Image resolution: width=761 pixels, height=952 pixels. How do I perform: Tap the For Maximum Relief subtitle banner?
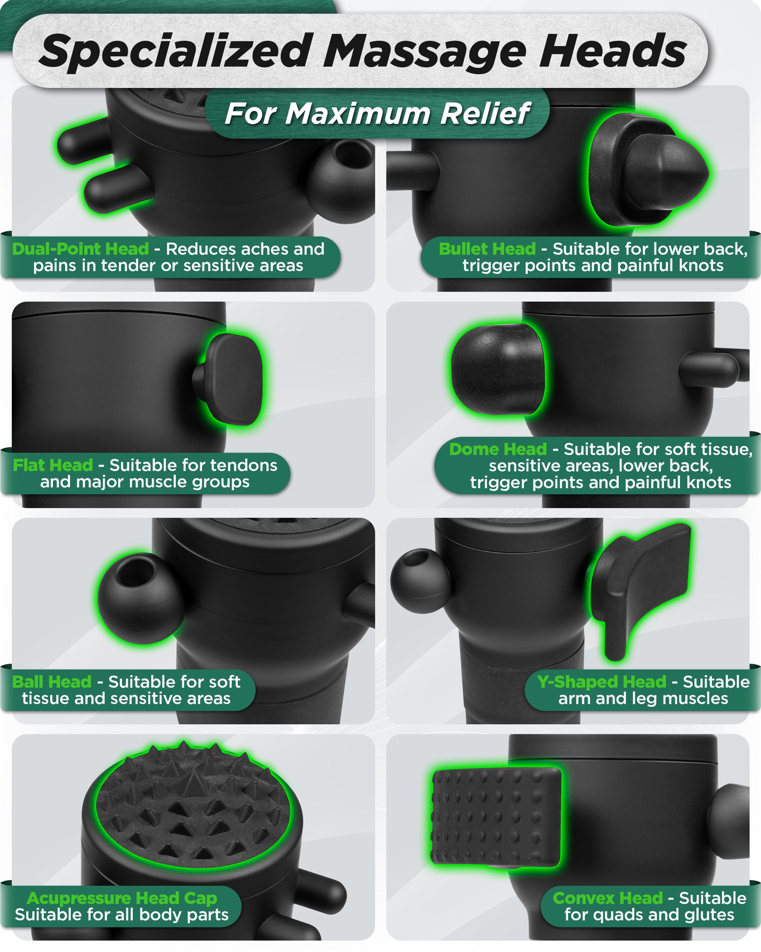(377, 113)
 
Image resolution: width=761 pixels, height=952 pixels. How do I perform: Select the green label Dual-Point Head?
(80, 249)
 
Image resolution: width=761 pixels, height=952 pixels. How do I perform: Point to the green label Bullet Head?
(487, 249)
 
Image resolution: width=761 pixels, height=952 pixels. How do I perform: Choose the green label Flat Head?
(53, 465)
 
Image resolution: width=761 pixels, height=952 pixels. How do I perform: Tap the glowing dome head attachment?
(498, 369)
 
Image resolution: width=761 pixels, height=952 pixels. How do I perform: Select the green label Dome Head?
(498, 449)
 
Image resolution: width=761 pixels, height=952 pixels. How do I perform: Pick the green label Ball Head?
(52, 682)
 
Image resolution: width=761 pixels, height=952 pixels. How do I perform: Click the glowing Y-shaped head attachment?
(642, 583)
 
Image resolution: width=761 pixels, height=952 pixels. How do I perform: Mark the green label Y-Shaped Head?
(601, 682)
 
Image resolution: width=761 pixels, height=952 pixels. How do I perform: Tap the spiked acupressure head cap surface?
(193, 808)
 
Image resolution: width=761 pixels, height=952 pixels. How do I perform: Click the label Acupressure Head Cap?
(121, 899)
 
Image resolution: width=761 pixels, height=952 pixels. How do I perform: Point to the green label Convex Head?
(608, 899)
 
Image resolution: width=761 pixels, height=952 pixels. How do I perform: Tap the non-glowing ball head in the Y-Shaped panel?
(420, 581)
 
